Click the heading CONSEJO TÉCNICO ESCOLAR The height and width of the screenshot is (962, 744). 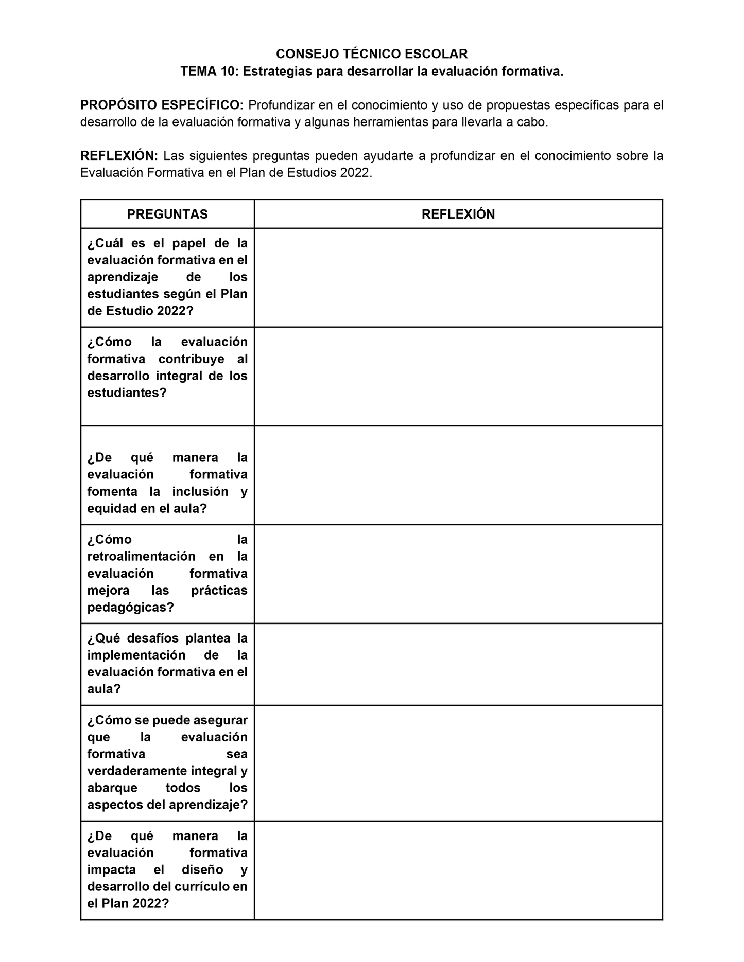click(372, 54)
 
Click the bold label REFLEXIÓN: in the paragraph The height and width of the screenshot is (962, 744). click(119, 156)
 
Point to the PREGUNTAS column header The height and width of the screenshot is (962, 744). click(167, 215)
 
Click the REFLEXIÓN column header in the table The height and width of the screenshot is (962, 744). click(458, 215)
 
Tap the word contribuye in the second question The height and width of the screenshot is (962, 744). click(191, 359)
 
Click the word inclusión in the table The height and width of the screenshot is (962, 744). click(200, 492)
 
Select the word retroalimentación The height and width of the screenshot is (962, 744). click(141, 557)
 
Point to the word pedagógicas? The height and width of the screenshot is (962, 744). click(130, 608)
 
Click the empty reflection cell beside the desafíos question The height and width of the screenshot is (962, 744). click(458, 664)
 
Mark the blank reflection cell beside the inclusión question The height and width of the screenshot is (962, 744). click(458, 475)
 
